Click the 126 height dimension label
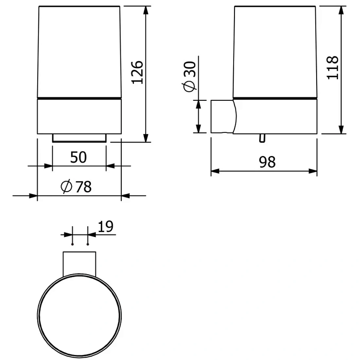[x=137, y=72]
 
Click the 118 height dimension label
[x=333, y=68]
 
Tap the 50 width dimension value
[x=78, y=157]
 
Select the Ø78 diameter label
[x=76, y=187]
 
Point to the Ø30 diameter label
[x=189, y=77]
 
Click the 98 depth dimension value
[x=267, y=162]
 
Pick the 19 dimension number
[x=106, y=227]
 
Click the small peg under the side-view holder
[x=262, y=138]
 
